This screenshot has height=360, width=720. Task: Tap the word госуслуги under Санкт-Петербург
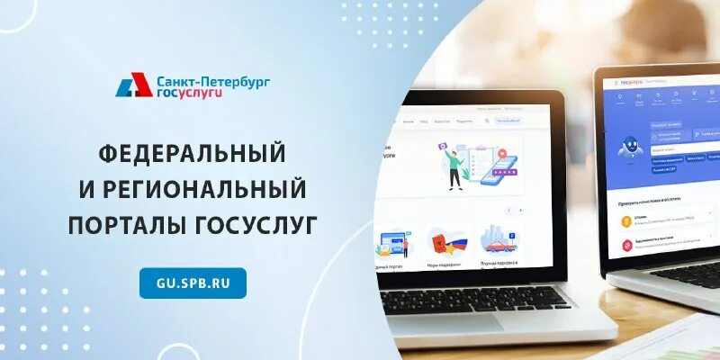(188, 93)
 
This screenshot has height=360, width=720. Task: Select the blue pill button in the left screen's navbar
(508, 120)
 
